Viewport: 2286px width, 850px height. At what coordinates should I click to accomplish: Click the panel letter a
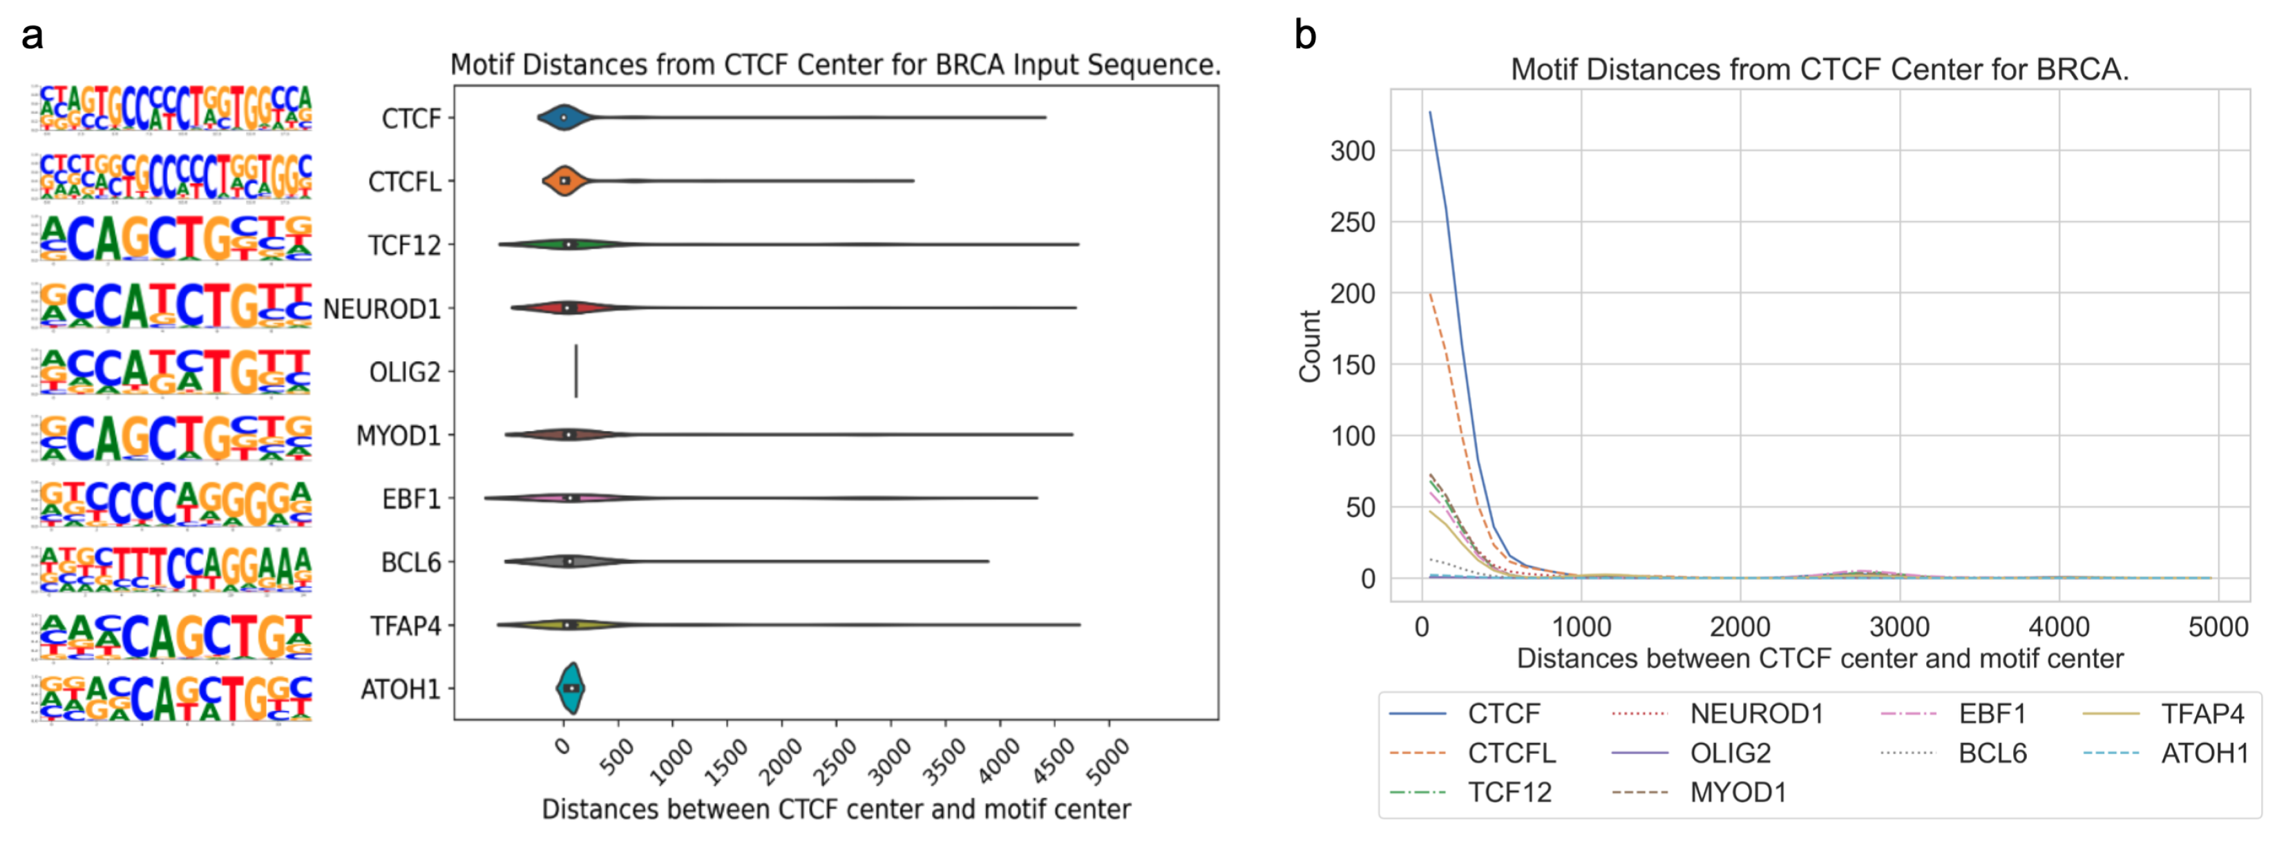coord(32,37)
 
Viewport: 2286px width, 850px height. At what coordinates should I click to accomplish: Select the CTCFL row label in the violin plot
coord(405,182)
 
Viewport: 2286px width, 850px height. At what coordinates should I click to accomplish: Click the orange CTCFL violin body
coord(565,181)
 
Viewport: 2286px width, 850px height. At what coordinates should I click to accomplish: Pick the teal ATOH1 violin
coord(571,688)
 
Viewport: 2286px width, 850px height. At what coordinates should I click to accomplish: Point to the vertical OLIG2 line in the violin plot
coord(576,371)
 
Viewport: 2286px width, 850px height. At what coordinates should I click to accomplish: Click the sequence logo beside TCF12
coord(175,239)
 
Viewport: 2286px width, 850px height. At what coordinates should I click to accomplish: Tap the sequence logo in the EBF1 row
coord(175,503)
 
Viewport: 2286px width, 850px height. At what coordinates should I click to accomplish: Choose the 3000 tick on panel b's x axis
coord(1899,627)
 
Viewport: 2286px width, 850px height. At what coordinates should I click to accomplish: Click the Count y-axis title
coord(1310,346)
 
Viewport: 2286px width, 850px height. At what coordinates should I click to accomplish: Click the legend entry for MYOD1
coord(1737,791)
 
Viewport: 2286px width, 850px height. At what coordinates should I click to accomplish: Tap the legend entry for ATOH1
coord(2204,753)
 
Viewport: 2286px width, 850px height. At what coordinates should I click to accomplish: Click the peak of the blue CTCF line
coord(1429,113)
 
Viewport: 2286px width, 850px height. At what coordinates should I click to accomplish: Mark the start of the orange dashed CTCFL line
coord(1429,293)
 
